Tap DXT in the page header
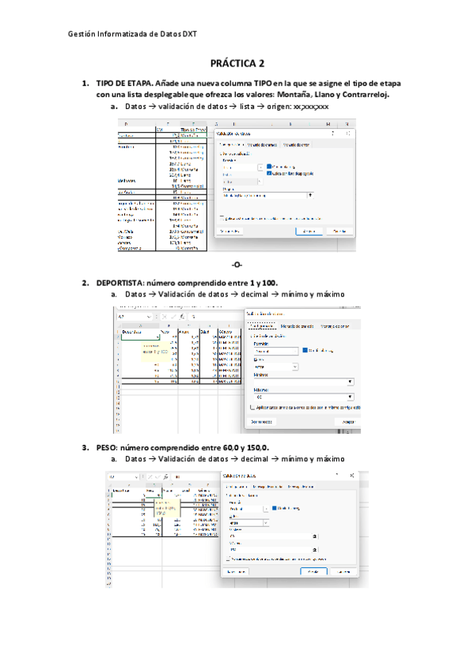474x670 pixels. click(191, 34)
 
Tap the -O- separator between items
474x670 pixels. click(237, 264)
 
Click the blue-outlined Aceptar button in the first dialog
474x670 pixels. click(309, 231)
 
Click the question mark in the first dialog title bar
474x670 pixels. click(333, 133)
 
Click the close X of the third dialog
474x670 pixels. click(351, 475)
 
